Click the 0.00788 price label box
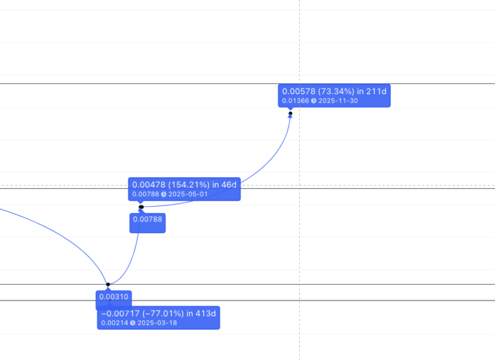click(148, 219)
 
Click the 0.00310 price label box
click(115, 297)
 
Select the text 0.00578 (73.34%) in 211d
click(334, 91)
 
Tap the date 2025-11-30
click(338, 100)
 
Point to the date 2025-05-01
click(188, 194)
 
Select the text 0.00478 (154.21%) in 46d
click(184, 185)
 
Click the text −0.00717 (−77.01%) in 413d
click(159, 313)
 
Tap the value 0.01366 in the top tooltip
click(295, 100)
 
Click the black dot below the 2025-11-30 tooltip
click(291, 114)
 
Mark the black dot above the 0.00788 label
click(141, 207)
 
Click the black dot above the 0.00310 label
click(108, 284)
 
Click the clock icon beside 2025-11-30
click(314, 100)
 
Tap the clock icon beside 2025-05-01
click(164, 194)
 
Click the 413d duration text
click(206, 313)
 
